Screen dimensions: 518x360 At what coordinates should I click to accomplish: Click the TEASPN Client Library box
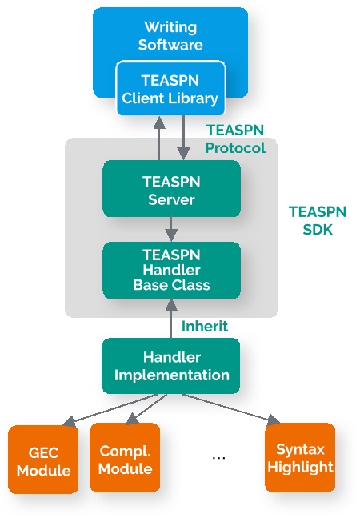(x=170, y=89)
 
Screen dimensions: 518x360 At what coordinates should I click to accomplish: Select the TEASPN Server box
(x=171, y=188)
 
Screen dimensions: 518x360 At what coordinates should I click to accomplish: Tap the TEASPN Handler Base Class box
(x=171, y=270)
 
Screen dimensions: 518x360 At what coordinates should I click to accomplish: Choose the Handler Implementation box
(x=171, y=365)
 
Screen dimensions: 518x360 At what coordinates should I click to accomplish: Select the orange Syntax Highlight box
(x=300, y=457)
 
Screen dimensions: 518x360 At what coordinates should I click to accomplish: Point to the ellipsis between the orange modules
(x=218, y=457)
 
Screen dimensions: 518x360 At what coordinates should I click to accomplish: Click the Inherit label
(x=204, y=327)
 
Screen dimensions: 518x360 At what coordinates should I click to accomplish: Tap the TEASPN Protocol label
(x=234, y=139)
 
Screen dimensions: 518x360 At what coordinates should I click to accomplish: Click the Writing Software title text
(x=170, y=35)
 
